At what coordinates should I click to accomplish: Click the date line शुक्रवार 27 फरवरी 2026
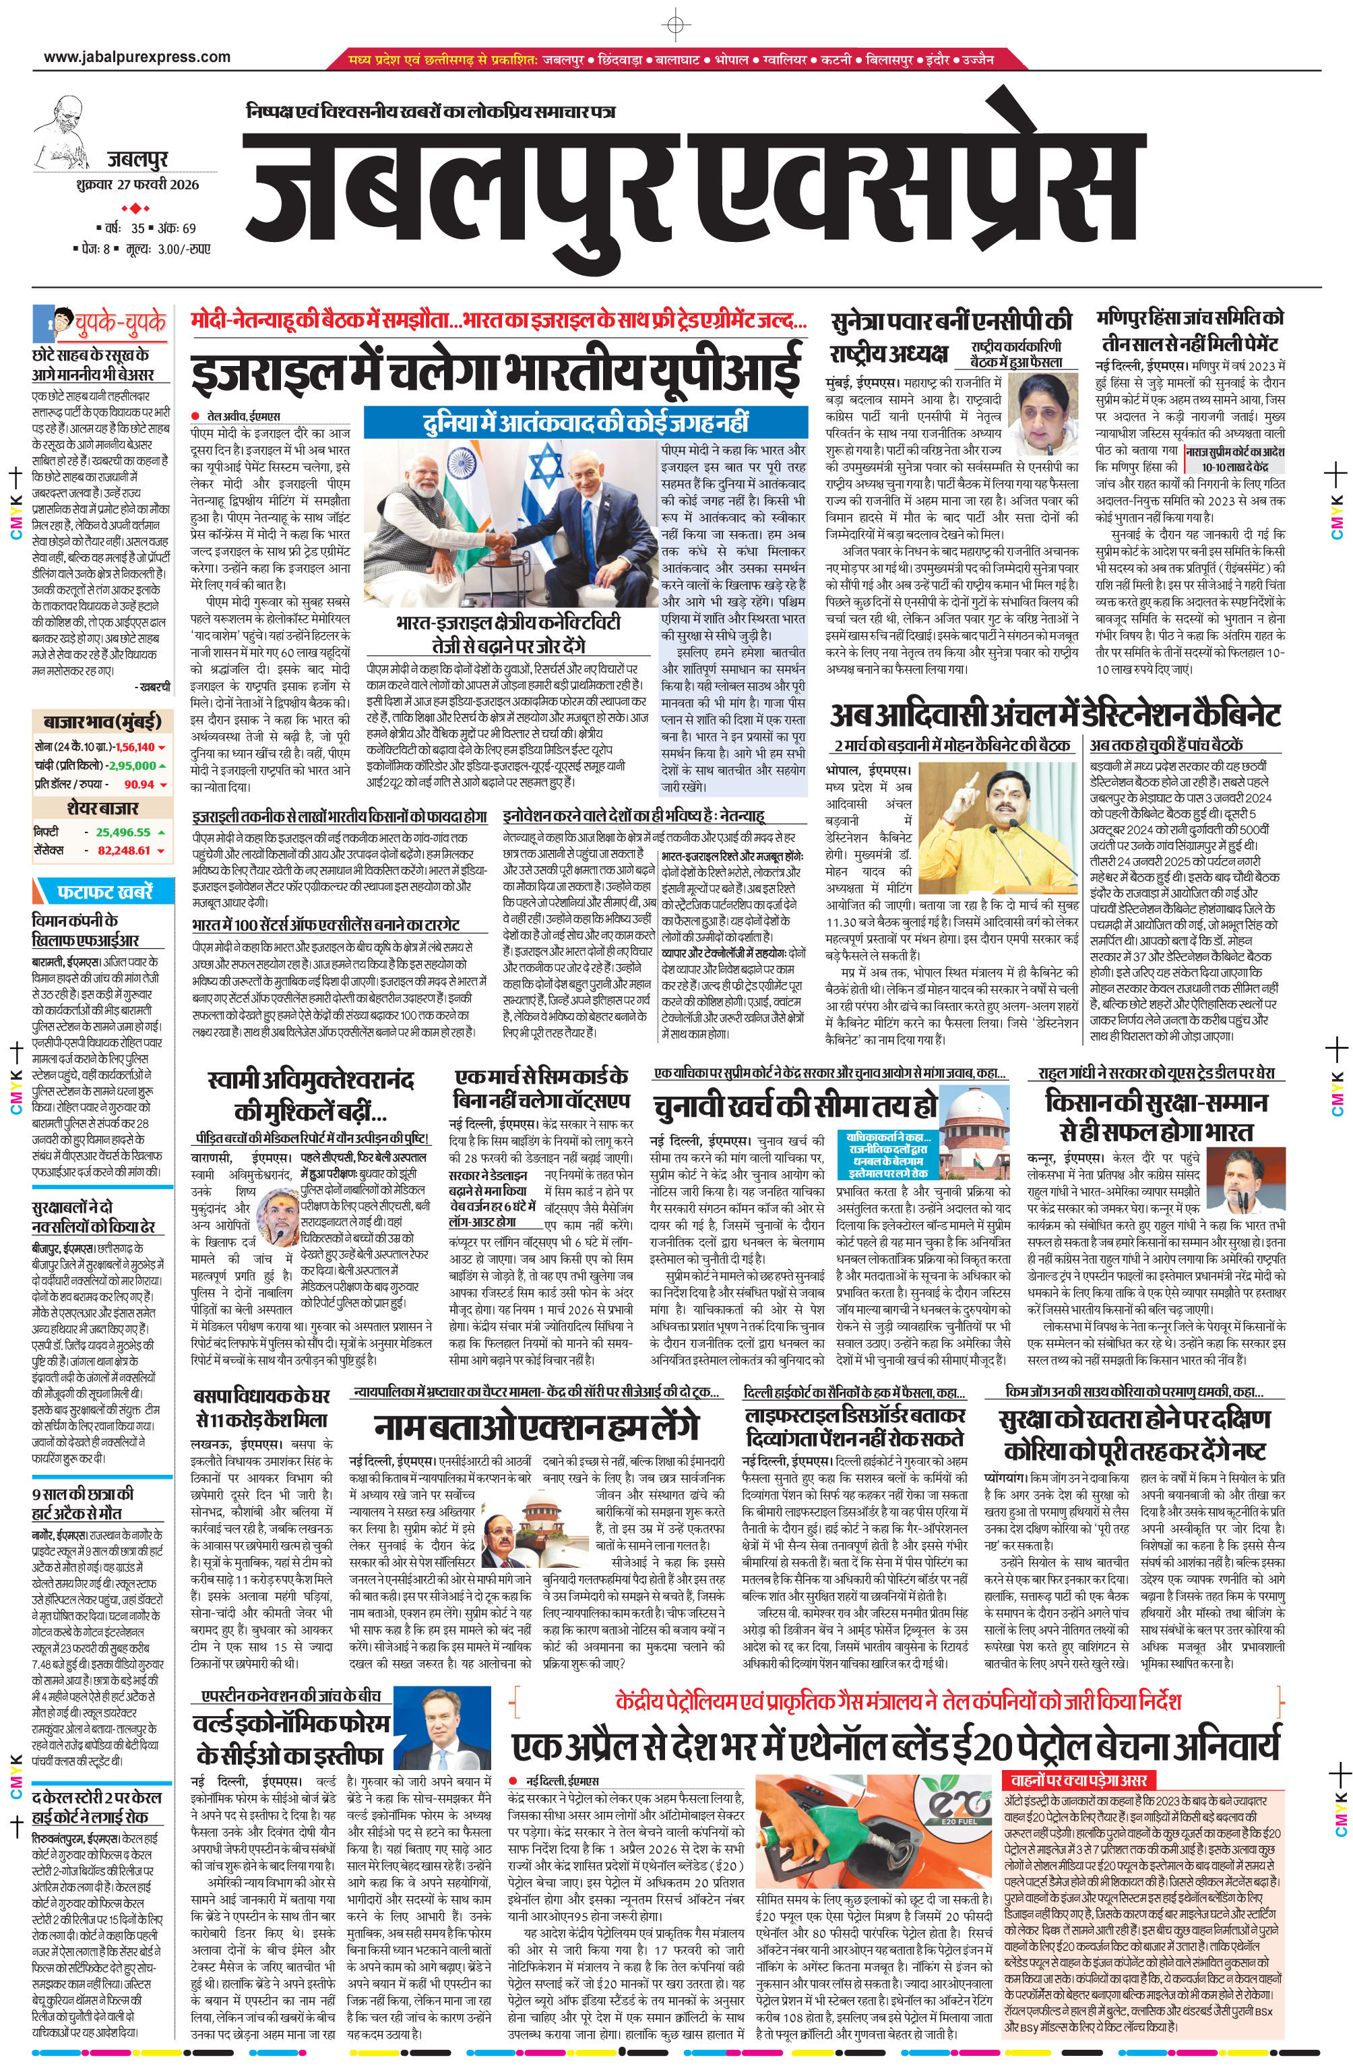137,185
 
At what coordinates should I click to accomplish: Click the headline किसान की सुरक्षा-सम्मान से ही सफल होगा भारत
1156,1116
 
